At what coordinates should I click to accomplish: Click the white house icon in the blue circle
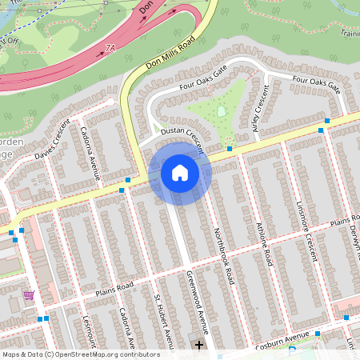point(180,172)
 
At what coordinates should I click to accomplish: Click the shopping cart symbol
point(29,295)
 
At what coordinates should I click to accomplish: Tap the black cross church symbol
point(199,345)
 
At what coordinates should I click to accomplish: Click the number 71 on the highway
point(109,50)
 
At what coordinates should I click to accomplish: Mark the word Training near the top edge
point(349,33)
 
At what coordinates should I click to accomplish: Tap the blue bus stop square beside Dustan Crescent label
point(229,149)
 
